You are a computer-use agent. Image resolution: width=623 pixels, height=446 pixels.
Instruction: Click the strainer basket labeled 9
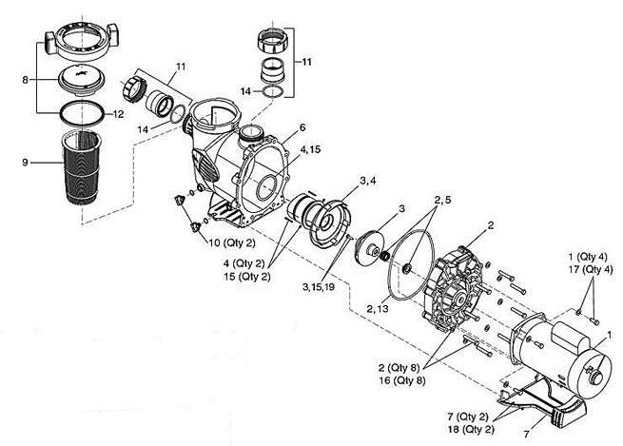81,166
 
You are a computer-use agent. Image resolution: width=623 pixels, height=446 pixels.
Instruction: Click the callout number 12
118,114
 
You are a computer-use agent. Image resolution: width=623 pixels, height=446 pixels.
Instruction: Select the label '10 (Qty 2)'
232,242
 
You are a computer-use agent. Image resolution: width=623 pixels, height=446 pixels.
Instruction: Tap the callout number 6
302,127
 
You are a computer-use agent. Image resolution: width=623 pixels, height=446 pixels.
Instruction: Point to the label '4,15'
310,149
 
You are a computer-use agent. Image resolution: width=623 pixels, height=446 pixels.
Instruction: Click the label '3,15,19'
319,287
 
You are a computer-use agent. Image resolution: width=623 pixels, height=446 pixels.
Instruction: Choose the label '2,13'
378,308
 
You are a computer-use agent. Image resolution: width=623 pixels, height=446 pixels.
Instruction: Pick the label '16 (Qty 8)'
401,380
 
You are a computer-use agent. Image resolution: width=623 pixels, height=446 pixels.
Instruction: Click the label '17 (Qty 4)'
591,269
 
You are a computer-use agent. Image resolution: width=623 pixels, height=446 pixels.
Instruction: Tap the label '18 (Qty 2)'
471,429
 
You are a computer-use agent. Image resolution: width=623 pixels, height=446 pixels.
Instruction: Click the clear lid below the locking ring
82,82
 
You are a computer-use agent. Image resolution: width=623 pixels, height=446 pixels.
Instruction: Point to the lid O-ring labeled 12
82,113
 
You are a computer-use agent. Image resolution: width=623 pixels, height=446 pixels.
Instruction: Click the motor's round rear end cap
591,372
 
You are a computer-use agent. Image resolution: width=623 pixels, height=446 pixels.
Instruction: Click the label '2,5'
442,200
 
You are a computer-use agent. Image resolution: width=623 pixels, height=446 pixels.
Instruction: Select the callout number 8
25,80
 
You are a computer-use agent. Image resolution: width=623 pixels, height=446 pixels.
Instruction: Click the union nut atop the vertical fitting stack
273,42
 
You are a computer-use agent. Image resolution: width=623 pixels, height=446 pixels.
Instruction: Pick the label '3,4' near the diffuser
367,181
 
